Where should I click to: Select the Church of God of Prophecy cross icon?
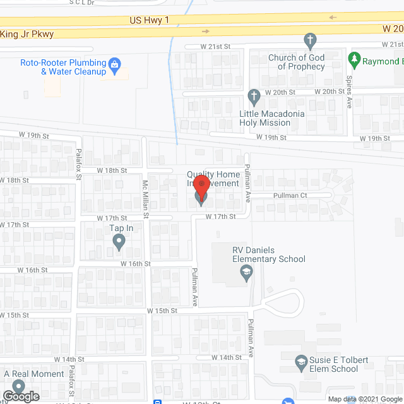[x=310, y=42]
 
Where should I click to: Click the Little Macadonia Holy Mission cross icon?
[x=254, y=97]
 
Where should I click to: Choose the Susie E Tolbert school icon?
[x=302, y=361]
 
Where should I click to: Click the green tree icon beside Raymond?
[x=355, y=61]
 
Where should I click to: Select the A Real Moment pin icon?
[x=18, y=386]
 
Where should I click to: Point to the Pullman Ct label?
[x=290, y=196]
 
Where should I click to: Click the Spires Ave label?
[x=349, y=92]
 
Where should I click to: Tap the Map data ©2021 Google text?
[x=364, y=399]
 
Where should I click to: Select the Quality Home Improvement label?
[x=213, y=179]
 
